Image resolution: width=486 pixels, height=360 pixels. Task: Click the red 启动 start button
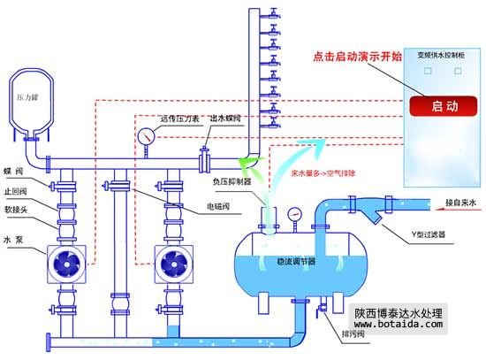coord(444,106)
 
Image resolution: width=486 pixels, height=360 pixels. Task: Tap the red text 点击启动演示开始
coord(357,56)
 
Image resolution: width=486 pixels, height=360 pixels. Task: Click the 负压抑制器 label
coord(232,180)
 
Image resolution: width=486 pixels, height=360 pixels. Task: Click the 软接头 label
coord(16,211)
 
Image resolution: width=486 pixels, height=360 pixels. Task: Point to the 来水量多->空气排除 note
coord(323,174)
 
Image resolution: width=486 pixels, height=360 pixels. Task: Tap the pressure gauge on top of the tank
coord(292,212)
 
